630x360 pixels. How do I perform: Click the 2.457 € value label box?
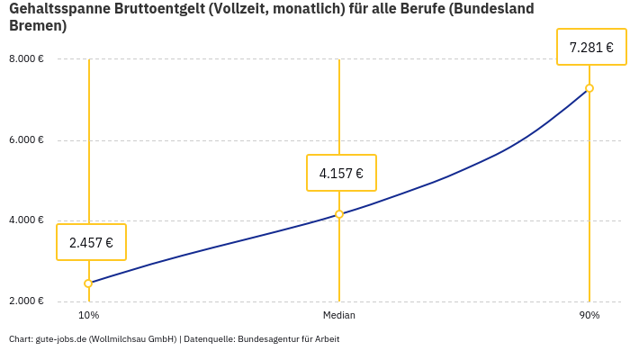coord(91,242)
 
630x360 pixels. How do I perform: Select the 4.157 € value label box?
coord(341,173)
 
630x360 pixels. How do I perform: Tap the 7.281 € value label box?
coord(591,47)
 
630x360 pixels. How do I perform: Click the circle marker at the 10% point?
coord(88,283)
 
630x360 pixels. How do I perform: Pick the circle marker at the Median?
coord(339,214)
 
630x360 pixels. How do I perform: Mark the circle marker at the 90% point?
coord(589,88)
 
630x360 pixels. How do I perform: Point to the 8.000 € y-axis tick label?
coord(26,59)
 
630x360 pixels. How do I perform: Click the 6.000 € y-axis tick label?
coord(26,140)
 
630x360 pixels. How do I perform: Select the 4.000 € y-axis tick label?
coord(26,220)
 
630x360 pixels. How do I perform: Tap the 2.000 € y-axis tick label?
coord(26,301)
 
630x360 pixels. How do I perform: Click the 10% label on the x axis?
coord(88,316)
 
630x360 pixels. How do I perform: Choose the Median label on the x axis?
coord(339,316)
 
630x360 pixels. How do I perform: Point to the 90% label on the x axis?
coord(589,316)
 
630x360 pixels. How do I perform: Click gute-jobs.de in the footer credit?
coord(61,339)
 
